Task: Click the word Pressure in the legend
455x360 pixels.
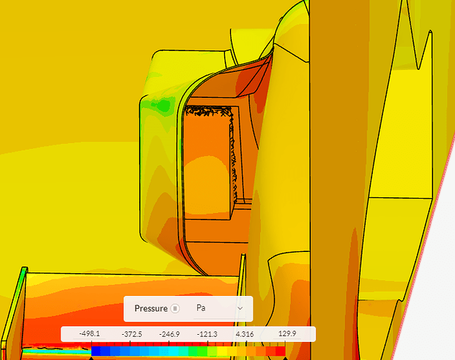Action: tap(151, 308)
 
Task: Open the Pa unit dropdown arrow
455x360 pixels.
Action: tap(240, 308)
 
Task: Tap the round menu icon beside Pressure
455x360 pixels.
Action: tap(175, 308)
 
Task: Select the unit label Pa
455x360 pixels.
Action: tap(201, 307)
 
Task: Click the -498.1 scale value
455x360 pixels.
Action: tap(89, 334)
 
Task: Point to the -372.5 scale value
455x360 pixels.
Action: tap(132, 334)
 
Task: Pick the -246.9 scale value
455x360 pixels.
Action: tap(169, 334)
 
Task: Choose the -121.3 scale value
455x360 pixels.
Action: tap(207, 334)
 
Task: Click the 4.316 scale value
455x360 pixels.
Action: tap(245, 334)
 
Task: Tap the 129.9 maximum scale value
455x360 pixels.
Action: tap(287, 333)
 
